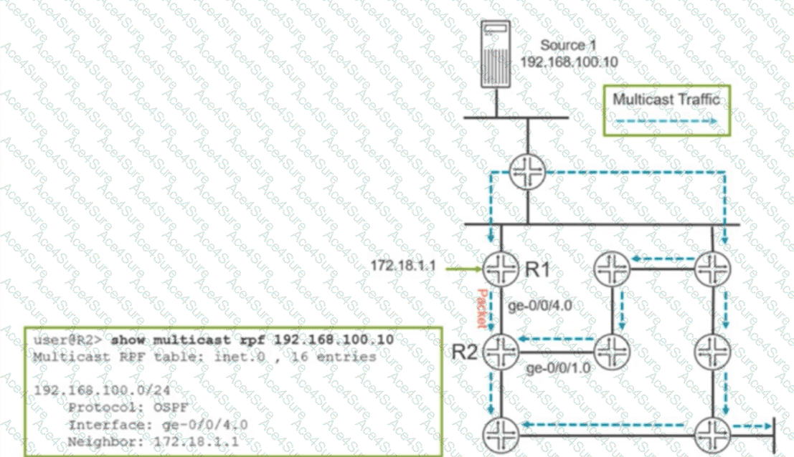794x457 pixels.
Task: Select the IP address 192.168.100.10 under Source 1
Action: click(x=569, y=62)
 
